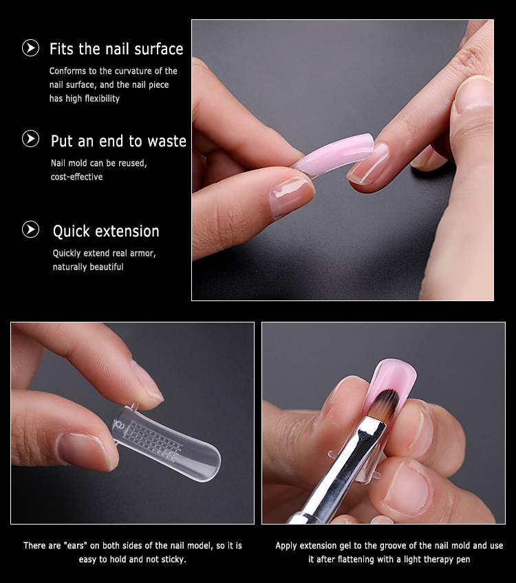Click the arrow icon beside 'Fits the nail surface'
30,48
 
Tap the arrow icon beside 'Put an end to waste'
30,139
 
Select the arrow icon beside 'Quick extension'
30,230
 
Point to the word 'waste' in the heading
166,142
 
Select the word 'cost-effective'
76,177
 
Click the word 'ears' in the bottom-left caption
76,546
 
